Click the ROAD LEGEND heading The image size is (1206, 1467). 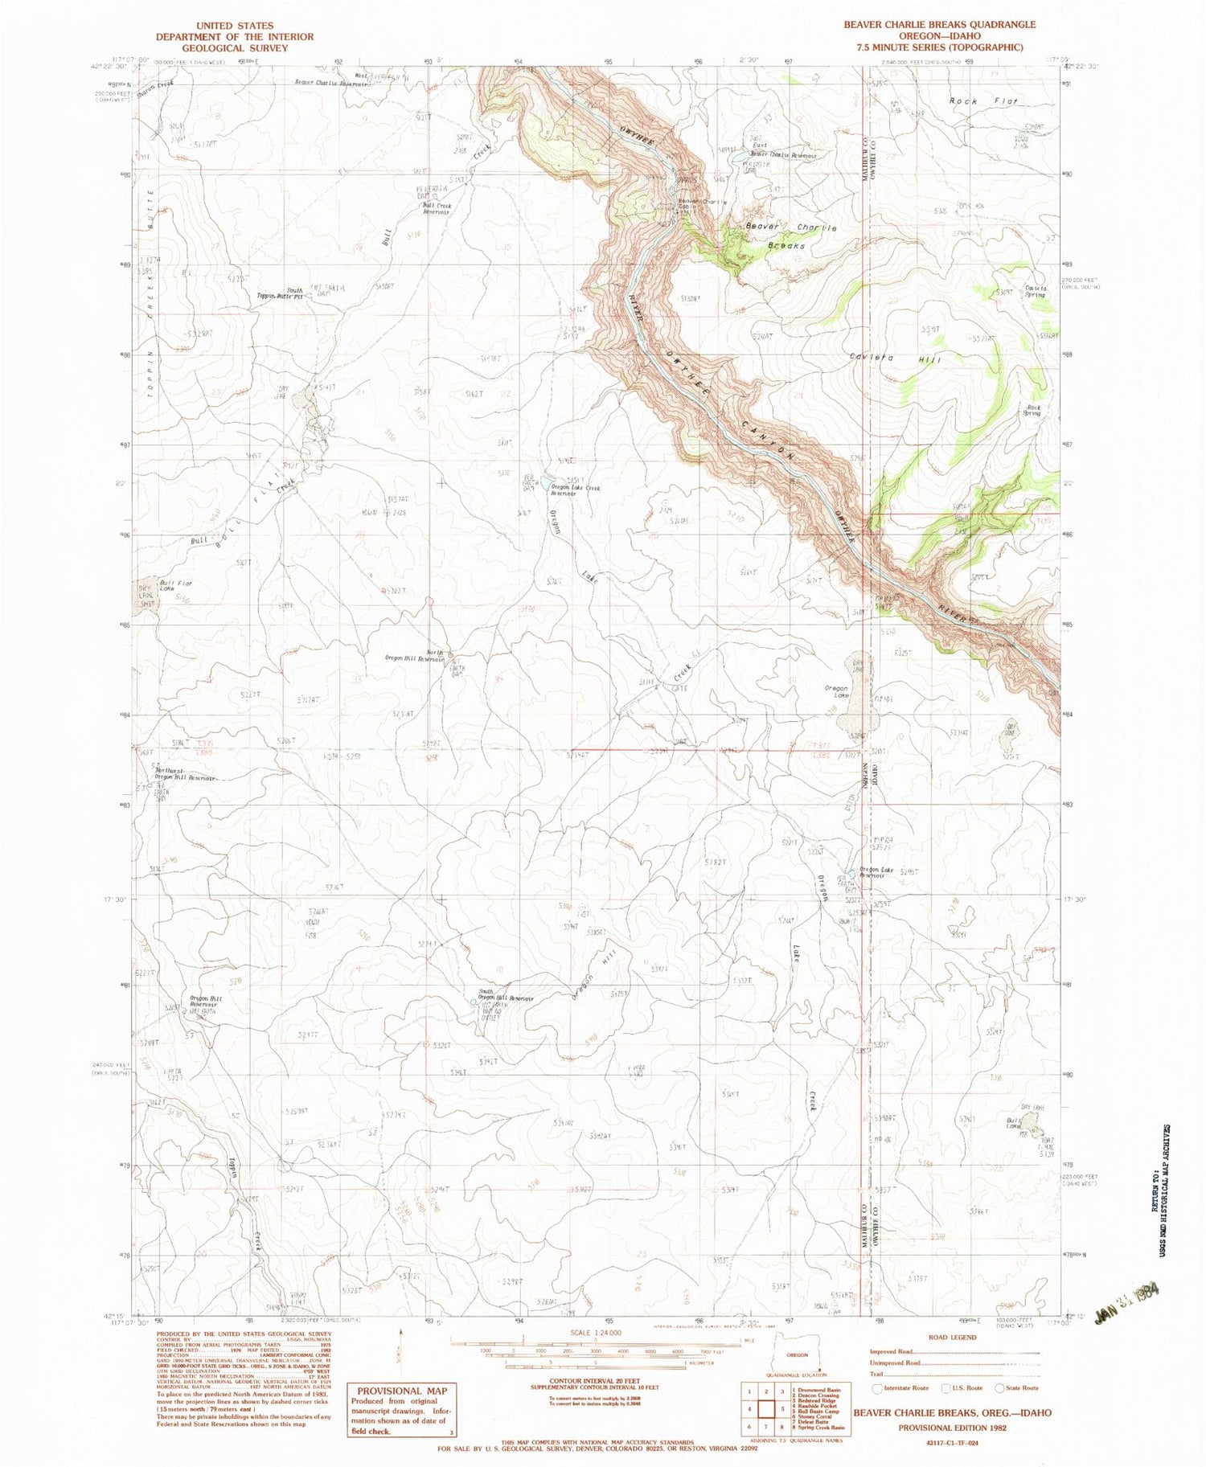click(951, 1338)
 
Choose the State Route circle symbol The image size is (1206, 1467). click(1000, 1388)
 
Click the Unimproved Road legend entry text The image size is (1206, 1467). click(895, 1363)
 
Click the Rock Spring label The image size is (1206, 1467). click(1032, 410)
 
